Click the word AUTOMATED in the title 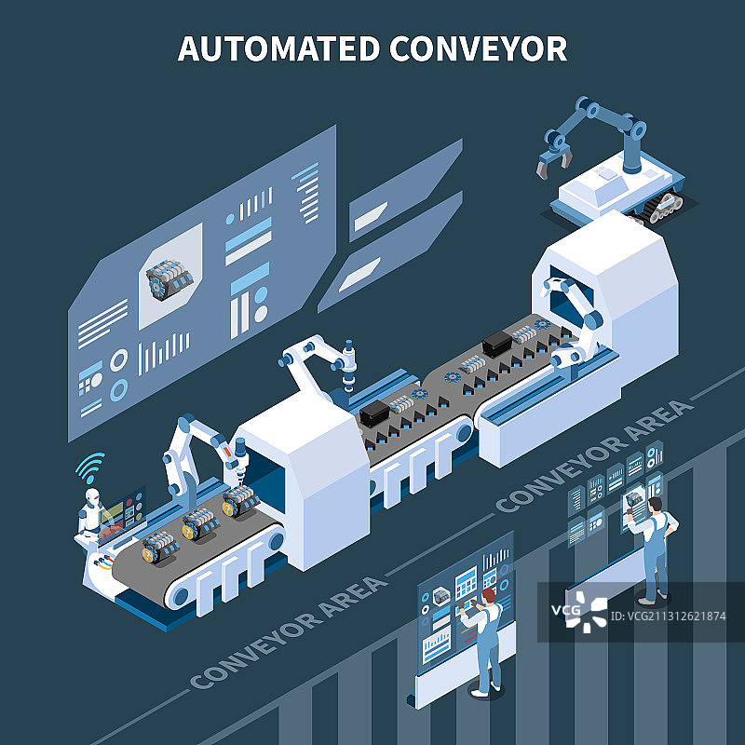point(277,47)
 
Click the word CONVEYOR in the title point(478,47)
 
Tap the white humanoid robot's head point(90,499)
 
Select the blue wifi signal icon point(89,465)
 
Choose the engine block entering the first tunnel point(241,503)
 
